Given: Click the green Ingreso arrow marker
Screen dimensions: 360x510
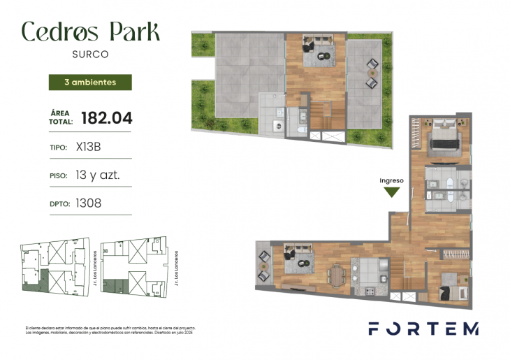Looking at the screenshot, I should (x=392, y=192).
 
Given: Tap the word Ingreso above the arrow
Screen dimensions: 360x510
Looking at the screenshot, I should (x=392, y=180).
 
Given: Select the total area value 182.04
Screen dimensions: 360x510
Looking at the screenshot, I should (x=107, y=117).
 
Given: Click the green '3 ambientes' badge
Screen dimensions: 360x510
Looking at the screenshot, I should (x=89, y=82).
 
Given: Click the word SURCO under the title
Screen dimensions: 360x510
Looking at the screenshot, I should (x=90, y=52).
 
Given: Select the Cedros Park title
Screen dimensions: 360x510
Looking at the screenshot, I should (x=90, y=31).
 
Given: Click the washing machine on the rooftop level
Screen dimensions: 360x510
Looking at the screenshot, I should (x=277, y=126).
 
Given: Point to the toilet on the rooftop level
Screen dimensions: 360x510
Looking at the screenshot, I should (x=301, y=131).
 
